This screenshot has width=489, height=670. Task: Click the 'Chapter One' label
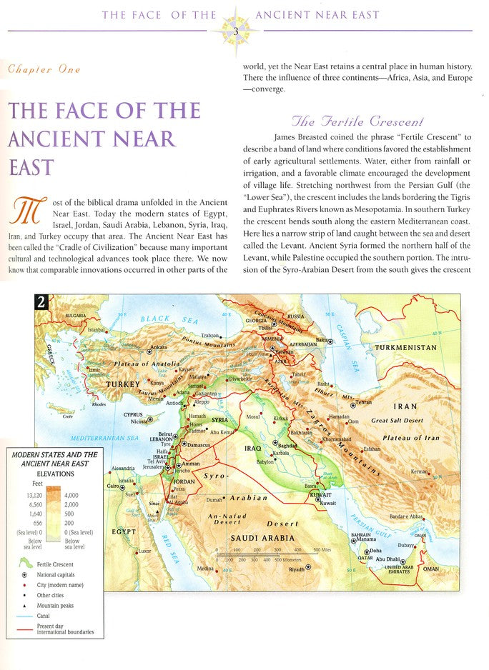44,69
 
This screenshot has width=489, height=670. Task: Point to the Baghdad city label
289,444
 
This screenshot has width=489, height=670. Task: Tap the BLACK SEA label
154,319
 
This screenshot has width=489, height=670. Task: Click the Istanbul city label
95,330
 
